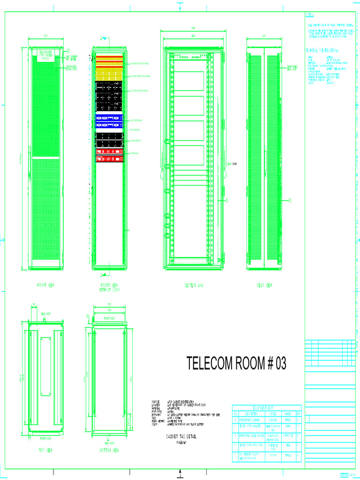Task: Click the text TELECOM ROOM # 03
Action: (x=236, y=363)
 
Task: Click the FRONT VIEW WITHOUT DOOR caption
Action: (x=109, y=287)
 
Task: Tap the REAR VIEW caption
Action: (x=264, y=285)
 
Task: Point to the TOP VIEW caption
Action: (x=45, y=450)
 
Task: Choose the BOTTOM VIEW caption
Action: (x=109, y=450)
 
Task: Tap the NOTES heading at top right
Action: (x=310, y=15)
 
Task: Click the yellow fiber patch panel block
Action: (x=110, y=75)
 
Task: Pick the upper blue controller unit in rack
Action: (x=109, y=118)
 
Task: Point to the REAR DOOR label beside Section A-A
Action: (x=231, y=164)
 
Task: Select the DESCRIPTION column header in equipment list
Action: (x=250, y=414)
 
